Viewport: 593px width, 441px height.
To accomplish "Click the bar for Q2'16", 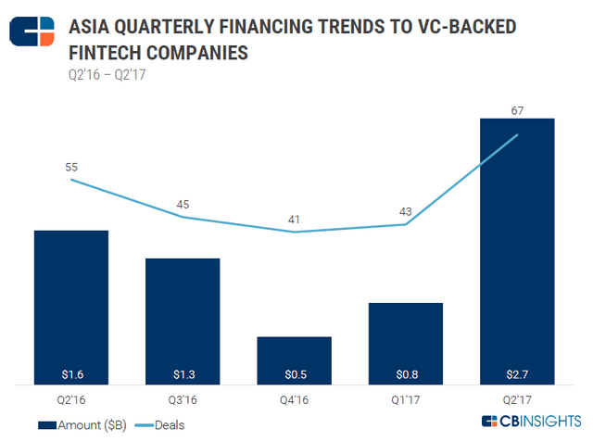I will (x=71, y=306).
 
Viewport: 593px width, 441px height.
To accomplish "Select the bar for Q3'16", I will (x=183, y=320).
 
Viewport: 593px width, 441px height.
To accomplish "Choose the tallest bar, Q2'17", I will (x=516, y=250).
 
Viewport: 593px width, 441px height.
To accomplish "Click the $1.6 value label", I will (x=71, y=374).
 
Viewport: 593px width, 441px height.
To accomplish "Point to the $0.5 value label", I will (x=294, y=374).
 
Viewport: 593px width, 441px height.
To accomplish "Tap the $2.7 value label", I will (x=516, y=374).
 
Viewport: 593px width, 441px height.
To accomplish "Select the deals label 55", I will (x=71, y=168).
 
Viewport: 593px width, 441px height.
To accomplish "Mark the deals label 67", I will (x=516, y=109).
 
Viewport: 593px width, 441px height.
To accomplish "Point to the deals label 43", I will (x=405, y=212).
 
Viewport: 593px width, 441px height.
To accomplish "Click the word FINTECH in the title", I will (x=110, y=54).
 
